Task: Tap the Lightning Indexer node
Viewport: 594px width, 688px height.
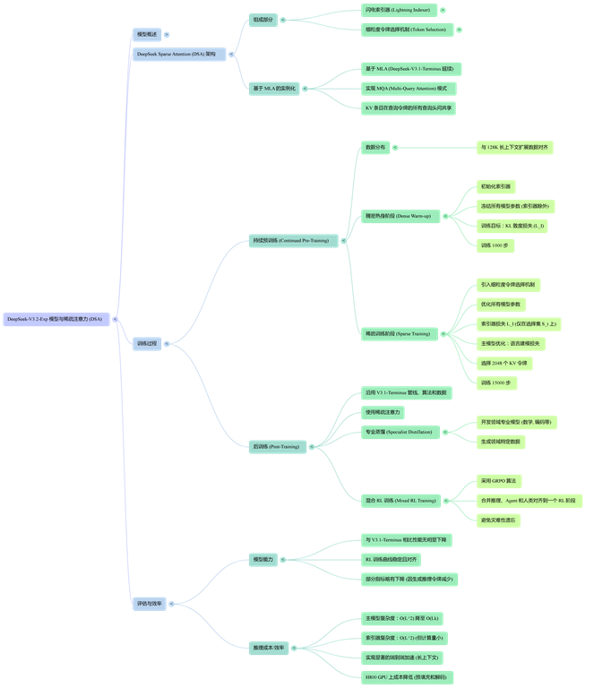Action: click(398, 10)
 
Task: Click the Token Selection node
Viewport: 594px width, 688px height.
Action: click(406, 30)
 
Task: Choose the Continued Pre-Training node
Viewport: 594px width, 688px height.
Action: click(289, 240)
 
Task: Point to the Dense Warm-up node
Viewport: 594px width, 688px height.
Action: click(398, 216)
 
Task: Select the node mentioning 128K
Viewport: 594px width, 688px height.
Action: click(514, 147)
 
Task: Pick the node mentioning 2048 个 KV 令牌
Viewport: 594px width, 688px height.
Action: click(505, 363)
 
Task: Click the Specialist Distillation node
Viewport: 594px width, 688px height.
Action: click(398, 432)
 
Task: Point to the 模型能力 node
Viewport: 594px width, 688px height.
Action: click(264, 560)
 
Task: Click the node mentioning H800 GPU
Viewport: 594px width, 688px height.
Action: click(408, 676)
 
